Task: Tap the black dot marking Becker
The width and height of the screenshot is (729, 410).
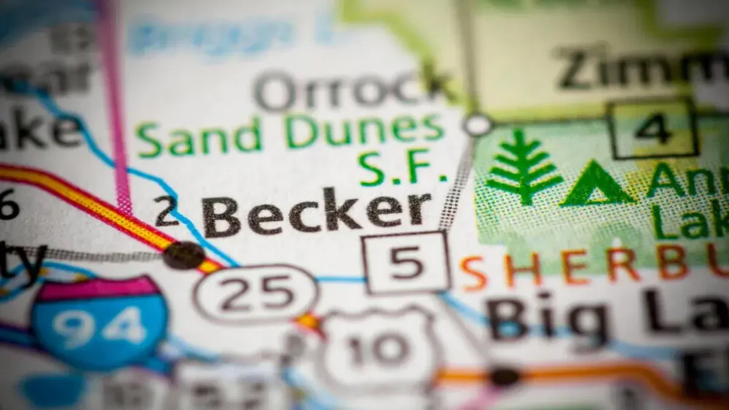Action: [x=183, y=255]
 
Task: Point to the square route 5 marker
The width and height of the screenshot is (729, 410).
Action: [x=406, y=262]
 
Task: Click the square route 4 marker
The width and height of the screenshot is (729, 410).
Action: [x=652, y=128]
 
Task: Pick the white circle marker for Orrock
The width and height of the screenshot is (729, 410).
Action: [x=478, y=125]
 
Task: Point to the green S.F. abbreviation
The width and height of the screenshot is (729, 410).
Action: [x=402, y=168]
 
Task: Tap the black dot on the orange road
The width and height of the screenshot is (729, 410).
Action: [x=504, y=376]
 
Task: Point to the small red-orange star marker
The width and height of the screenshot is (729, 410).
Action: [x=309, y=321]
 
